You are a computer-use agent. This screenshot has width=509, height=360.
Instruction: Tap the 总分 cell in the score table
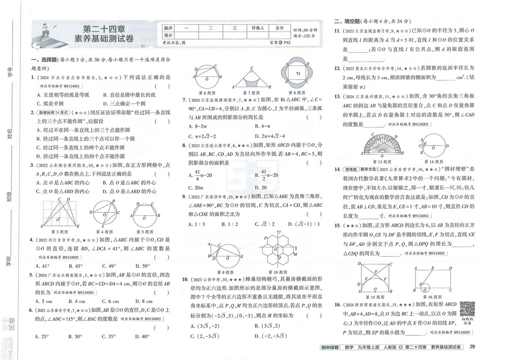(279, 29)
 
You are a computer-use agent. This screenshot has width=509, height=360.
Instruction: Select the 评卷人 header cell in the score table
(258, 29)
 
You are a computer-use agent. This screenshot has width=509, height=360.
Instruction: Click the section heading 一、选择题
(39, 60)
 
